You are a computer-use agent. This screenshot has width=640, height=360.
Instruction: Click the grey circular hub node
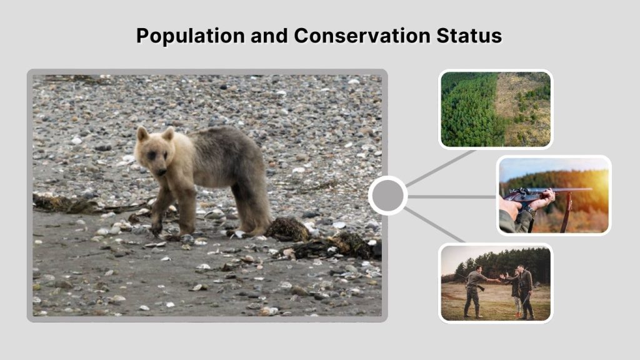click(387, 196)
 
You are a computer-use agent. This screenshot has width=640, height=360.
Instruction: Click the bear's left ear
click(168, 133)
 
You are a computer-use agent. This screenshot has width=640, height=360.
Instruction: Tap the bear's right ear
click(143, 134)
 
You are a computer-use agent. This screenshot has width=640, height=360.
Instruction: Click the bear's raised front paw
click(156, 228)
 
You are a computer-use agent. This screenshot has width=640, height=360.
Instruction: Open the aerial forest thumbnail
click(496, 109)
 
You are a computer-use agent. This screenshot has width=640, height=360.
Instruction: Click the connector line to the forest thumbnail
click(441, 168)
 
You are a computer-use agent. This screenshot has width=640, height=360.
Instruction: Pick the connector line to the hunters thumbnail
click(434, 225)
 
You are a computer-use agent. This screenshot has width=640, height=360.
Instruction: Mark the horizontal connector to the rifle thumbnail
click(451, 196)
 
